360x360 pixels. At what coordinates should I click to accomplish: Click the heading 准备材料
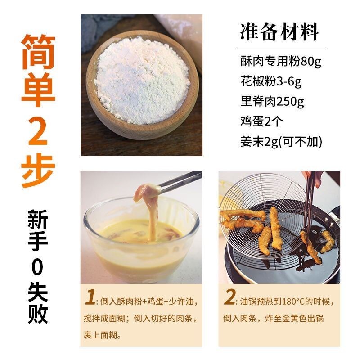(x=279, y=31)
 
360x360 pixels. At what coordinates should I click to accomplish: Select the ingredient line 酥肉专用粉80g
(x=281, y=61)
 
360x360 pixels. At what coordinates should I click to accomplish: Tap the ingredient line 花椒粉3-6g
(x=271, y=81)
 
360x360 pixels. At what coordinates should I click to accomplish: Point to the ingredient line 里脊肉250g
(x=272, y=102)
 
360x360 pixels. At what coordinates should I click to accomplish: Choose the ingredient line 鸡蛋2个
(x=261, y=121)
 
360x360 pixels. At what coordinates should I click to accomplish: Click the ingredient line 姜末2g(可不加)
(x=281, y=142)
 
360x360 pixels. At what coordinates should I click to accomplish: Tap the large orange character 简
(x=38, y=52)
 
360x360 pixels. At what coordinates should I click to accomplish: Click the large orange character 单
(x=38, y=90)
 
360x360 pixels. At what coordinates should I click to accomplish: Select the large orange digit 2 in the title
(x=38, y=130)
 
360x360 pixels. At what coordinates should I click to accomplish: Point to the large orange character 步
(x=38, y=171)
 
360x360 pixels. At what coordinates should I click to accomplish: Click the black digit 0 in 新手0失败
(x=38, y=267)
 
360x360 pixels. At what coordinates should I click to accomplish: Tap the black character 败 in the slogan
(x=38, y=314)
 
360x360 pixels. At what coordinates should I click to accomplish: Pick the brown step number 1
(x=90, y=297)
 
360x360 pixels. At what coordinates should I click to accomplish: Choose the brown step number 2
(x=229, y=297)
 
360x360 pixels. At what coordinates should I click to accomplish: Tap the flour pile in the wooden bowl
(x=142, y=81)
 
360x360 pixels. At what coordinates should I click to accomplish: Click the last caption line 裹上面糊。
(x=103, y=335)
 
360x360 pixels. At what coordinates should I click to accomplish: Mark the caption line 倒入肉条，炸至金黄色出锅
(x=274, y=319)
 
